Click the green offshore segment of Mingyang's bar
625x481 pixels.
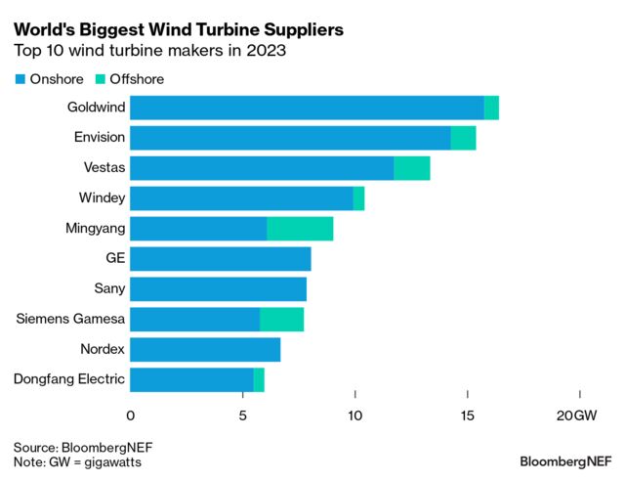pos(300,229)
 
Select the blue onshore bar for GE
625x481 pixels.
pos(220,259)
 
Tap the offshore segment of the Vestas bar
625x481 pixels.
pos(411,168)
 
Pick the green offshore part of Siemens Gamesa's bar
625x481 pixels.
pos(281,320)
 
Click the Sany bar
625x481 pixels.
pos(218,289)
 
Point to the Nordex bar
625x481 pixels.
pos(205,350)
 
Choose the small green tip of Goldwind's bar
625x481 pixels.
pos(491,108)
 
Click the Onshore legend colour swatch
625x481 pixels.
pos(21,78)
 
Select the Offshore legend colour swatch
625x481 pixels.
pos(103,78)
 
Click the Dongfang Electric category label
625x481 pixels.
pos(68,380)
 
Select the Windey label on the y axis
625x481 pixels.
pos(102,198)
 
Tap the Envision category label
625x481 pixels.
pos(99,138)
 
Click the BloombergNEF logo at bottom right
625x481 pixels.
pos(564,460)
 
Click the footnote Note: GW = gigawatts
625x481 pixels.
pos(77,461)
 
